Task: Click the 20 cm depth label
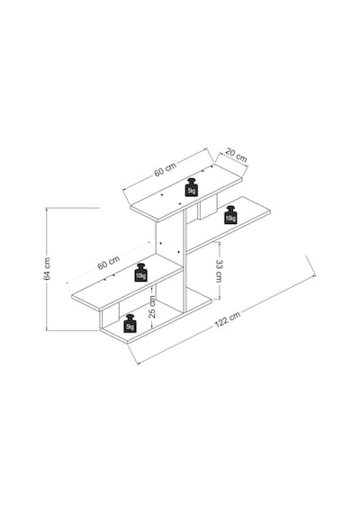coord(236,156)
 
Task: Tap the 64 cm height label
coord(47,269)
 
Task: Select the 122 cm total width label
coord(228,319)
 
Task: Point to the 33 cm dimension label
coord(219,271)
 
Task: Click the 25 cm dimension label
coord(152,307)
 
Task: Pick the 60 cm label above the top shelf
coord(166,169)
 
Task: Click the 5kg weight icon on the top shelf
coord(192,187)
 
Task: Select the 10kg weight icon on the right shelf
coord(230,215)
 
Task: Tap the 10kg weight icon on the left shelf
coord(140,273)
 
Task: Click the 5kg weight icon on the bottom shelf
coord(130,323)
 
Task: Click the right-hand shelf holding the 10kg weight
coord(229,224)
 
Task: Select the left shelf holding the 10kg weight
coord(127,282)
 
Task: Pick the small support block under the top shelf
coord(208,207)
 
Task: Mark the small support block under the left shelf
coord(110,314)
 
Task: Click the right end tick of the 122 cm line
coord(310,265)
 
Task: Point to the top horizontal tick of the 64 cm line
coord(73,208)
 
